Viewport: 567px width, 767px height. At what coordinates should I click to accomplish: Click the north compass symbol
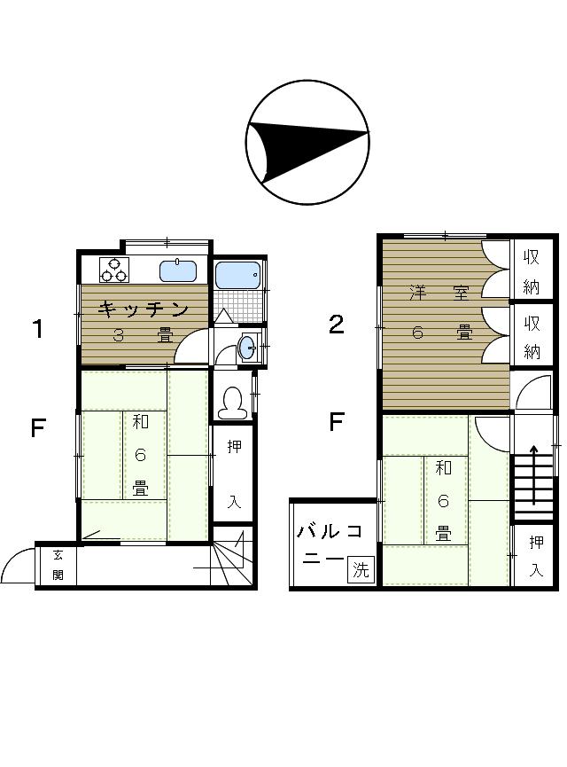(x=307, y=142)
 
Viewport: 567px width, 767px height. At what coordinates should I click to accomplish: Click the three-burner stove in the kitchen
(x=114, y=270)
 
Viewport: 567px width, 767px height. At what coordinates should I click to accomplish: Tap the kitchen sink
(x=178, y=270)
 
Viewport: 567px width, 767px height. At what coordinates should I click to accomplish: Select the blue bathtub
(x=237, y=276)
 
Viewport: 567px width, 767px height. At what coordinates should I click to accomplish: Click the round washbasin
(x=247, y=348)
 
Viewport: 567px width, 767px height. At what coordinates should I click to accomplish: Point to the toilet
(x=231, y=403)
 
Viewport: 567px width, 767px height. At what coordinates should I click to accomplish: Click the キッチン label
(x=144, y=309)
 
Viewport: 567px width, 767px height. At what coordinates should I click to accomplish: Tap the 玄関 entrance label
(x=58, y=565)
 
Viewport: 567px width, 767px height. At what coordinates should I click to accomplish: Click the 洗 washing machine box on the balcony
(x=361, y=569)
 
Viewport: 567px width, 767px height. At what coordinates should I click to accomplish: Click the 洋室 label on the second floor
(x=439, y=293)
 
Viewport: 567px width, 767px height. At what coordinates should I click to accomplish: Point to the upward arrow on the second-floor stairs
(x=533, y=474)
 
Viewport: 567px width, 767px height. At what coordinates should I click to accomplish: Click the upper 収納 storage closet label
(x=532, y=272)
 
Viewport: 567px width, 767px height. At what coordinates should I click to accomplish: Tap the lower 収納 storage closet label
(x=532, y=337)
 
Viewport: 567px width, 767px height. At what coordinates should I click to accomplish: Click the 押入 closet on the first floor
(x=234, y=474)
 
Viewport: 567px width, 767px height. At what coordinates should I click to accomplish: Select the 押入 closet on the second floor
(x=536, y=556)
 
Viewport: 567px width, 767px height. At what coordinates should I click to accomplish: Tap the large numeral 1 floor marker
(x=37, y=329)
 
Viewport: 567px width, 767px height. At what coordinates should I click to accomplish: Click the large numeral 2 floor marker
(x=337, y=325)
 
